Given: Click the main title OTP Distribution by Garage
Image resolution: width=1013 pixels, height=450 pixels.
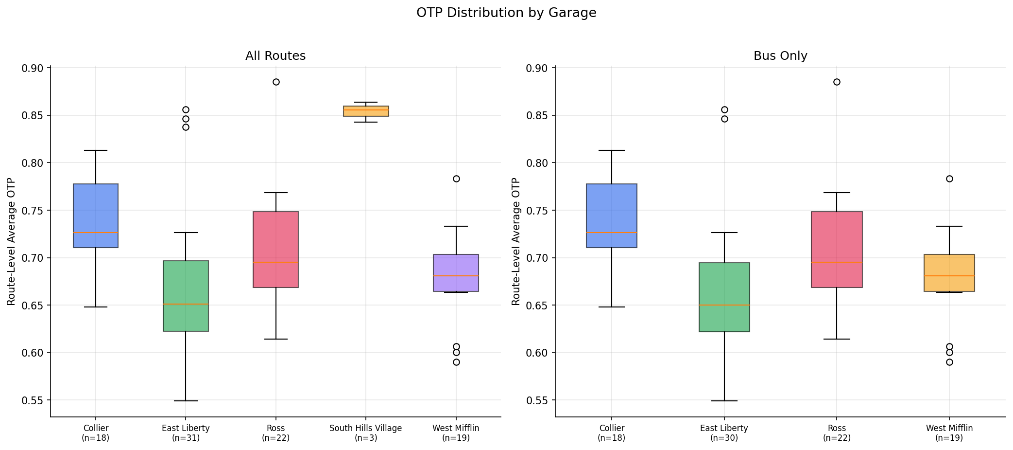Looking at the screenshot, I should [506, 13].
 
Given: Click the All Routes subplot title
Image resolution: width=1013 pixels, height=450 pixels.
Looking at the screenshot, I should [275, 56].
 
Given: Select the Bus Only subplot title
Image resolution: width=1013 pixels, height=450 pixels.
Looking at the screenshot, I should [780, 56].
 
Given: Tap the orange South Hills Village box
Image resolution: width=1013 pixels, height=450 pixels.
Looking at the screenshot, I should [365, 111].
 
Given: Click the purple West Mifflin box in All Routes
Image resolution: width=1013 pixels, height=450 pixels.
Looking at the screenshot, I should [456, 273].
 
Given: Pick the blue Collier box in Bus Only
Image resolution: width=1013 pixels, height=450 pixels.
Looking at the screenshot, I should [611, 216].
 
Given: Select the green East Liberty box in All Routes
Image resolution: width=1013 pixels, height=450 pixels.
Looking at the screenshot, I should [186, 296].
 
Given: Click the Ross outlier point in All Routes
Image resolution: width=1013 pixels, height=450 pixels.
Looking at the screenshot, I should [276, 82].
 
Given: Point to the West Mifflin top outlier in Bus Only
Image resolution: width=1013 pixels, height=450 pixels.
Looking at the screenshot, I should [949, 179].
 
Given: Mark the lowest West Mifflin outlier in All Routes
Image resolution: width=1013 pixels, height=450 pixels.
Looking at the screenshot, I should [456, 362].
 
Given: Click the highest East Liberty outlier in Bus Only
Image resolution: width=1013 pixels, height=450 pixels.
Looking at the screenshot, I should [724, 109].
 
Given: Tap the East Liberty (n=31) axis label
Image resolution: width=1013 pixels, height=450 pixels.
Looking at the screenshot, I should [186, 433].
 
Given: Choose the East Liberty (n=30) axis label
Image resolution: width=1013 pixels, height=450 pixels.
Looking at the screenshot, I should [724, 433].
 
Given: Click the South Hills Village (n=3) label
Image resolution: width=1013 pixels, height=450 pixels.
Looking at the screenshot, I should [365, 433].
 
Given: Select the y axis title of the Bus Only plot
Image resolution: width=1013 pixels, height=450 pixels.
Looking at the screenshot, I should [515, 242].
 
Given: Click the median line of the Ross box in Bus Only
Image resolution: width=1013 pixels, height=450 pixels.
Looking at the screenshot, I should [836, 262].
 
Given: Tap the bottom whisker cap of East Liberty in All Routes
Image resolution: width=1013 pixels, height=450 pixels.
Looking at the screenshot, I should [186, 401].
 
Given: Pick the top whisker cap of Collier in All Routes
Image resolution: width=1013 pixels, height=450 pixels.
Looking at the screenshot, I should [95, 150].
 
